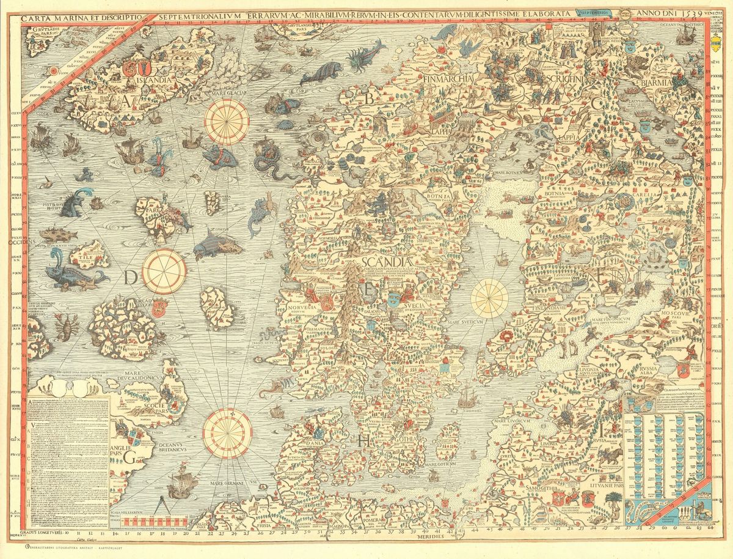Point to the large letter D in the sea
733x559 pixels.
(x=129, y=279)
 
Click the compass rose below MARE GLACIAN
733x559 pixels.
(x=226, y=122)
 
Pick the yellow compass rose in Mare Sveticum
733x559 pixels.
(x=489, y=298)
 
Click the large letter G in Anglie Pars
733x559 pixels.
(x=129, y=457)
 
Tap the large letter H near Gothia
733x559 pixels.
(x=365, y=441)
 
